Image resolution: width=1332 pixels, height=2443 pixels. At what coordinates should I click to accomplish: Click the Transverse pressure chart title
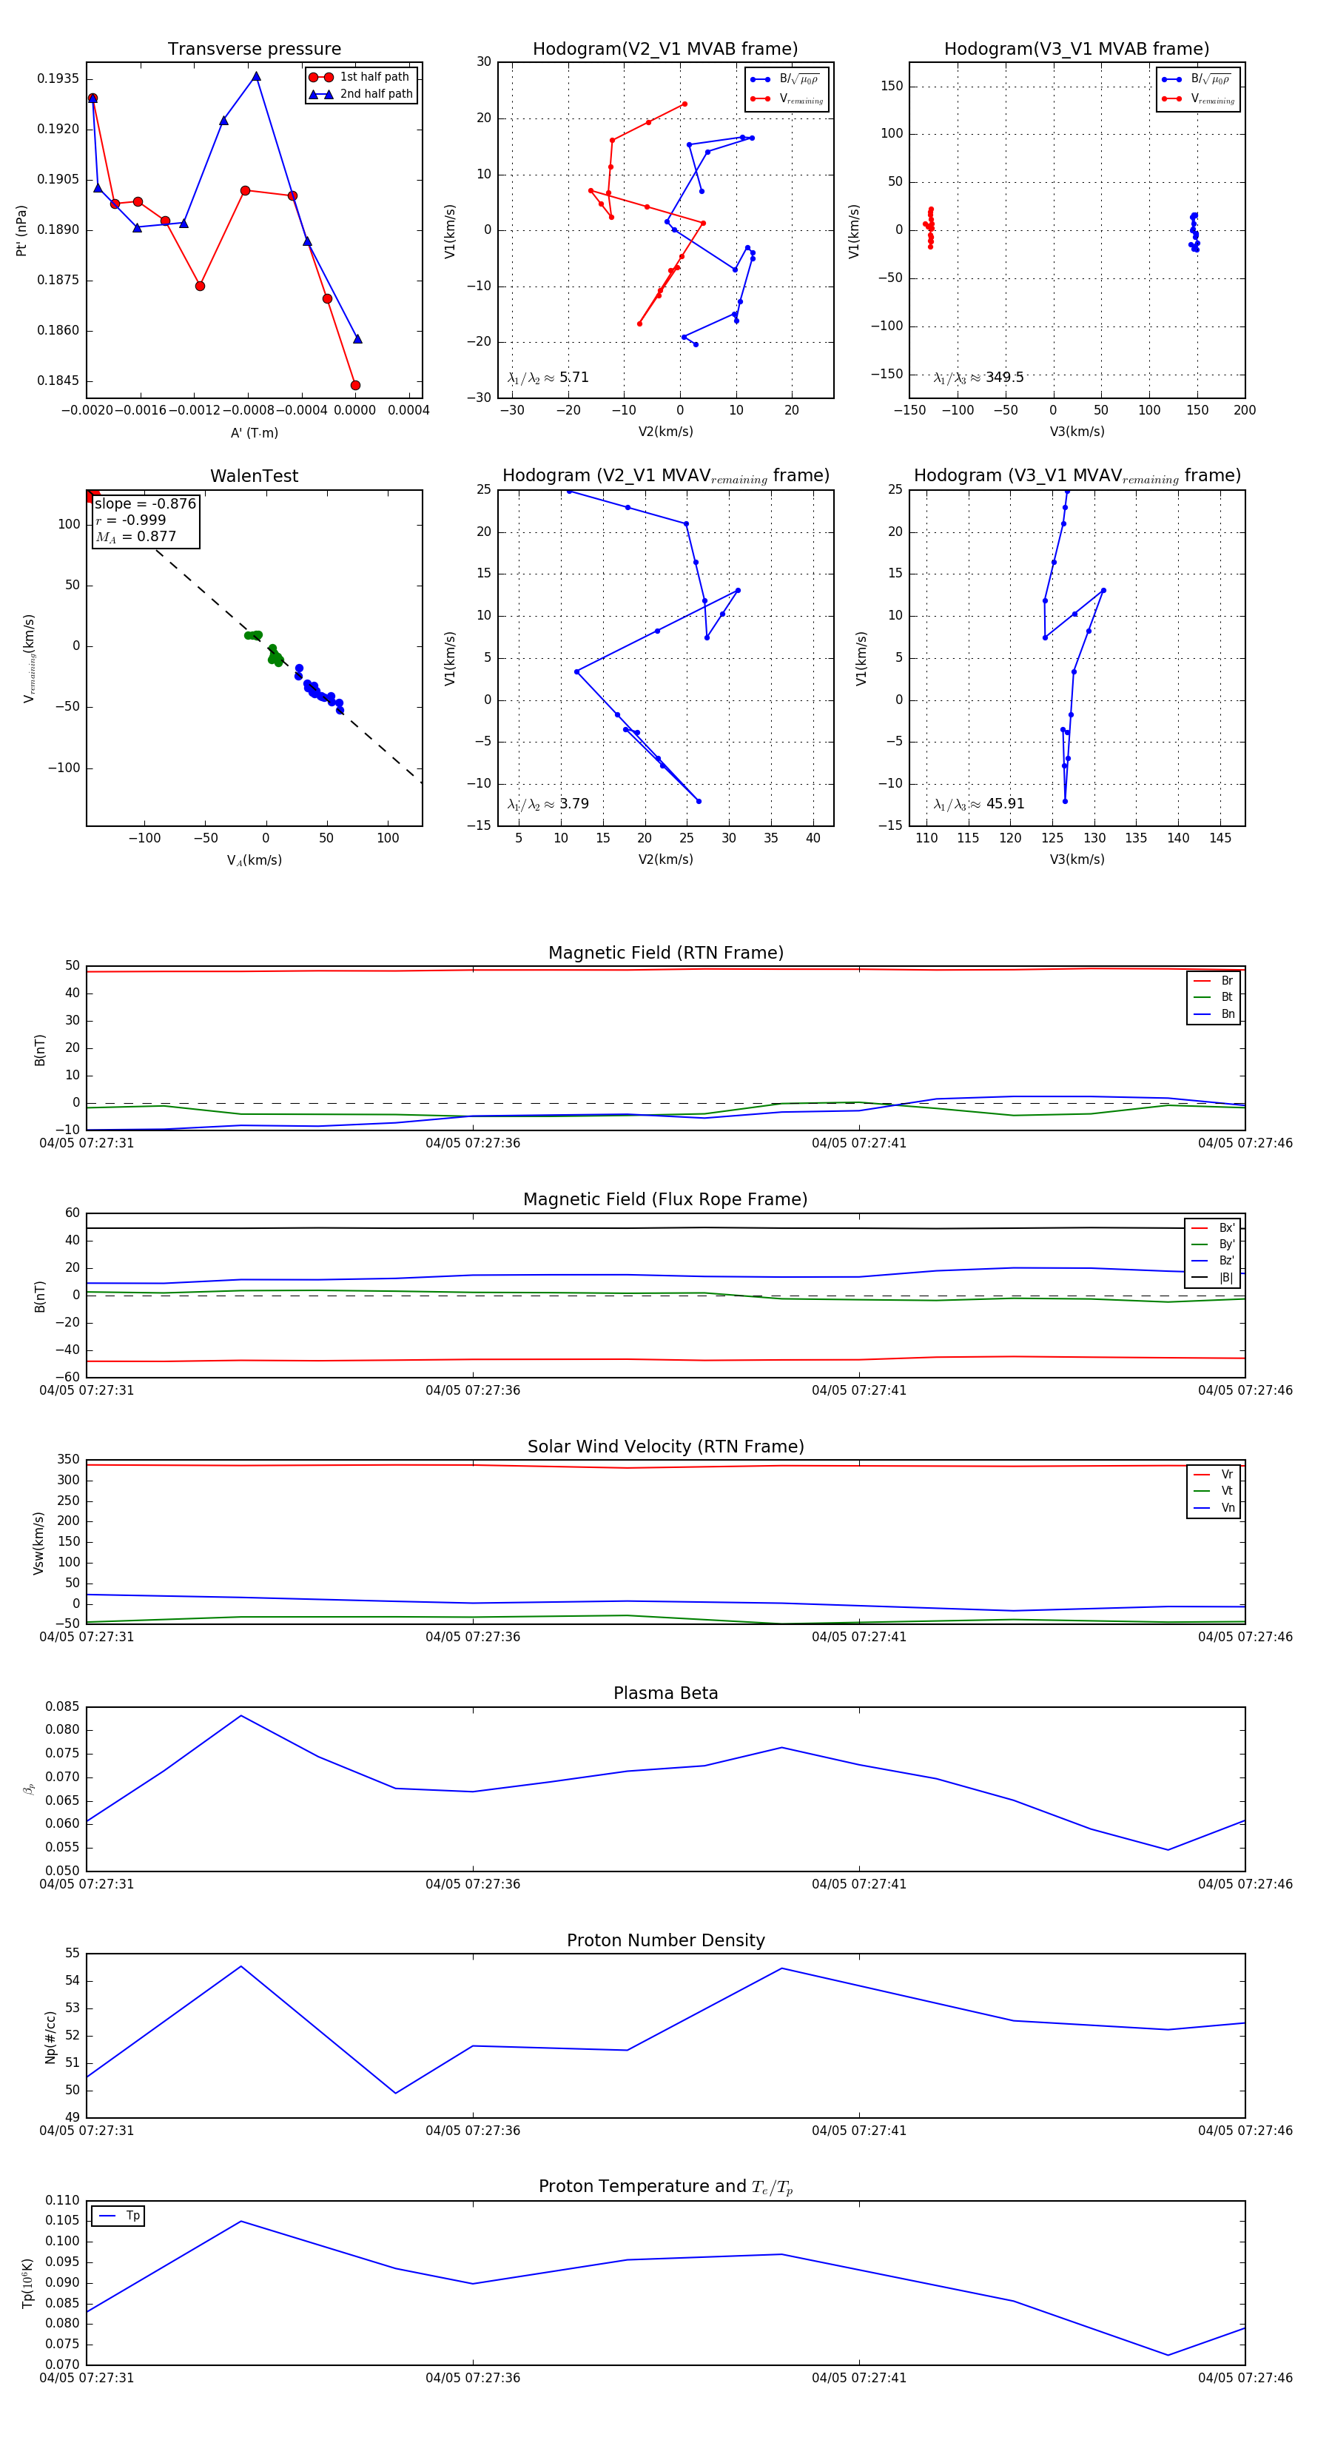pyautogui.click(x=254, y=50)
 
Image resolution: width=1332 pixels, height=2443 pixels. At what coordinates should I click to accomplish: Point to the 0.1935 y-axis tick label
pyautogui.click(x=58, y=78)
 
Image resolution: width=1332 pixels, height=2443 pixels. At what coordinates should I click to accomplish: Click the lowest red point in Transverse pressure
pyautogui.click(x=355, y=385)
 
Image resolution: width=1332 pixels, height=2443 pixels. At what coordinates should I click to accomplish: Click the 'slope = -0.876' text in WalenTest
pyautogui.click(x=145, y=503)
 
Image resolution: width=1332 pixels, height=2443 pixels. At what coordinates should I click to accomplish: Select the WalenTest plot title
pyautogui.click(x=254, y=476)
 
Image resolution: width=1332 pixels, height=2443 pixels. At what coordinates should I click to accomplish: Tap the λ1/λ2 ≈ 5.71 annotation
pyautogui.click(x=548, y=378)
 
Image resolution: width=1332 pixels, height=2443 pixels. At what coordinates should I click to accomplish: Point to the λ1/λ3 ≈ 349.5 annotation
pyautogui.click(x=978, y=378)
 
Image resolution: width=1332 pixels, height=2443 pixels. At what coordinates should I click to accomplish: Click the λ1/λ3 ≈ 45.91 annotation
pyautogui.click(x=978, y=804)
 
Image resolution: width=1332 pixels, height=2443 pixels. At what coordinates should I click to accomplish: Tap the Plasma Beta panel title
pyautogui.click(x=665, y=1694)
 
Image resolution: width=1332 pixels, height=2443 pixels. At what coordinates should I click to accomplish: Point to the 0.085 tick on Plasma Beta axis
pyautogui.click(x=63, y=1707)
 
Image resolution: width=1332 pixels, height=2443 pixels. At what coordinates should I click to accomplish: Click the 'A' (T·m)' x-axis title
pyautogui.click(x=254, y=433)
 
